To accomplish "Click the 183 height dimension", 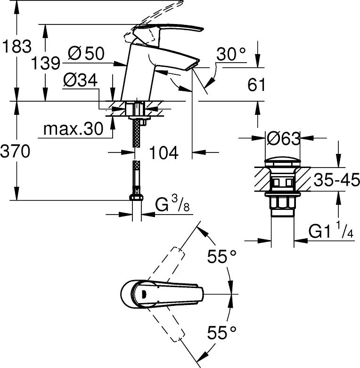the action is click(x=16, y=46).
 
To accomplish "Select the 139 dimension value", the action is click(x=46, y=63).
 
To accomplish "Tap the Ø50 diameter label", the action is click(x=86, y=53).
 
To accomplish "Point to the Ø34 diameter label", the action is click(x=80, y=80).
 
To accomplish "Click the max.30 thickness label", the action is click(x=74, y=128).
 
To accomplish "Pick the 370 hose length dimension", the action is click(x=15, y=151).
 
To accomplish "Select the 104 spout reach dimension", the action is click(x=164, y=152).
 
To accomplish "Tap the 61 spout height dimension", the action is click(x=256, y=85).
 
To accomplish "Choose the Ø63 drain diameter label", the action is click(x=283, y=138).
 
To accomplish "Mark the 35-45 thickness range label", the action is click(x=337, y=180).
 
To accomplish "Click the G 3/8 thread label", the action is click(x=172, y=204).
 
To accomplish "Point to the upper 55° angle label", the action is click(x=221, y=256).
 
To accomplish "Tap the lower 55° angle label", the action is click(x=221, y=333).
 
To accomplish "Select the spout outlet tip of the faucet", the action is click(x=192, y=66).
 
